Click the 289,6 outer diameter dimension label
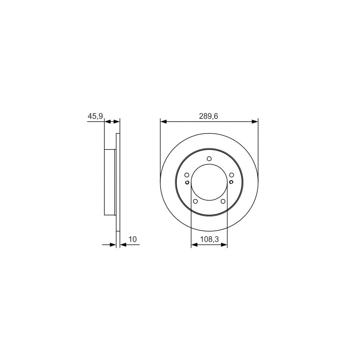(x=209, y=116)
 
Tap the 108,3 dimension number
(x=209, y=239)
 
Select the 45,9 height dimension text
(x=95, y=116)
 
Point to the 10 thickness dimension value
(x=132, y=239)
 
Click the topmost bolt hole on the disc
(x=209, y=158)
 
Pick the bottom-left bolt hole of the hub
(x=195, y=201)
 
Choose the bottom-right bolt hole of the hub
(x=223, y=201)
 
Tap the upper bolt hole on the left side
(x=186, y=175)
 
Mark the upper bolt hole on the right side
(x=231, y=175)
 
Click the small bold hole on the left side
(x=187, y=183)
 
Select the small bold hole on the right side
(x=231, y=183)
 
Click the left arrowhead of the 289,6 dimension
(x=163, y=122)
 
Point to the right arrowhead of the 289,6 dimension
(x=255, y=122)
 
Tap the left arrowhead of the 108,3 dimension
(x=194, y=245)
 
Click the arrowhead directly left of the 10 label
(x=123, y=245)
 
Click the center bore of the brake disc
(x=209, y=182)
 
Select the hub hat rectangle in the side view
(x=109, y=182)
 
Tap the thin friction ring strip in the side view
(x=118, y=182)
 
